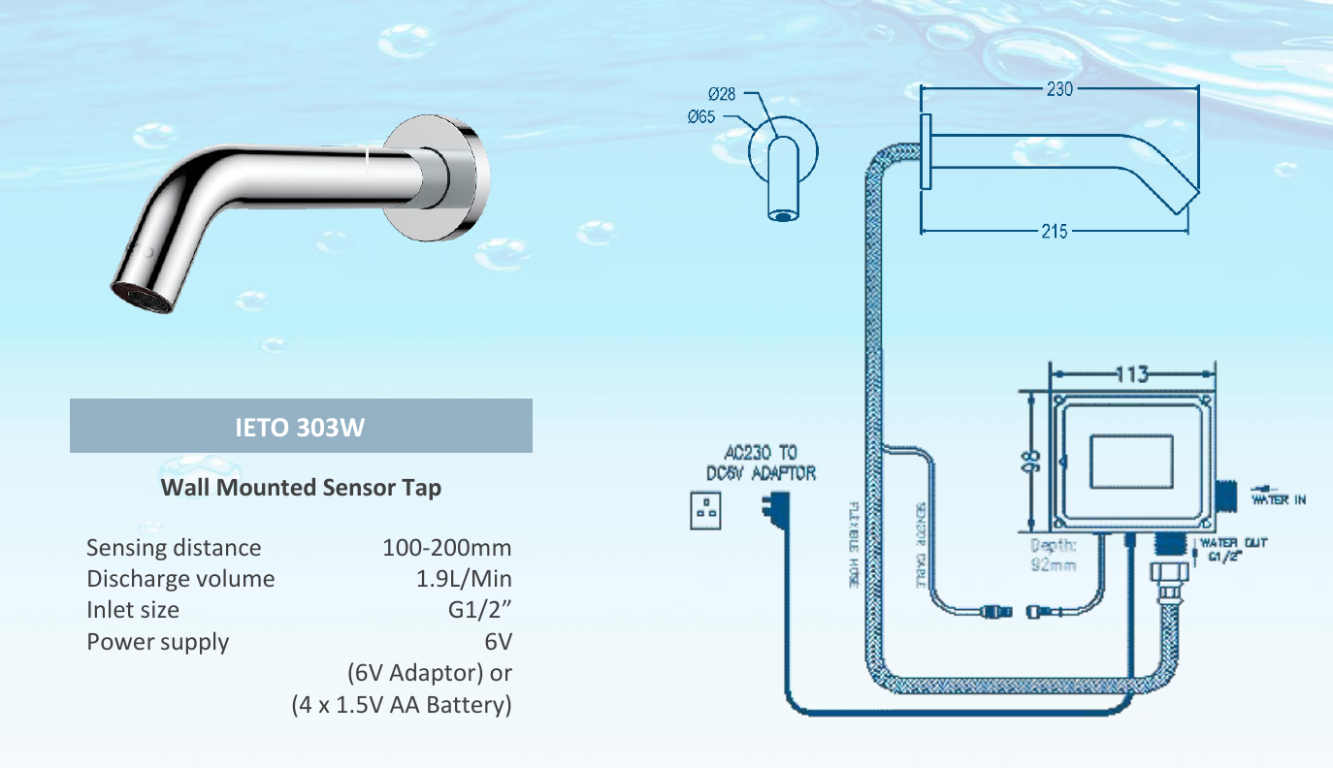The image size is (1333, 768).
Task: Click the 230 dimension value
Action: (1059, 89)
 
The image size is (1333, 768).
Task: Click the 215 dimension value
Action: (1055, 232)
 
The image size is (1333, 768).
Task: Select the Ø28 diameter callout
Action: (722, 95)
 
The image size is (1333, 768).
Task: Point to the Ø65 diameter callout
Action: (701, 117)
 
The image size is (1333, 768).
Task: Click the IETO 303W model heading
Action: (301, 427)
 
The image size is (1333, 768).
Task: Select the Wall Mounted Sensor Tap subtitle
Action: (301, 487)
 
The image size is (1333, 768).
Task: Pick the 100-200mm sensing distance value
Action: (446, 548)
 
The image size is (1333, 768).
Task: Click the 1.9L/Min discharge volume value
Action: (463, 579)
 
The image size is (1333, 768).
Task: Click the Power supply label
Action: (158, 642)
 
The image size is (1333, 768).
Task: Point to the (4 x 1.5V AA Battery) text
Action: (402, 705)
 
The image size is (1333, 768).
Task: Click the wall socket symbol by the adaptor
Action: (705, 511)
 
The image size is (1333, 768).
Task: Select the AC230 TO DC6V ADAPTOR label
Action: (760, 463)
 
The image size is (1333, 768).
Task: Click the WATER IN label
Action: (1278, 499)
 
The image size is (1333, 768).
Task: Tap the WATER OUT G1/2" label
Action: (1233, 549)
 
